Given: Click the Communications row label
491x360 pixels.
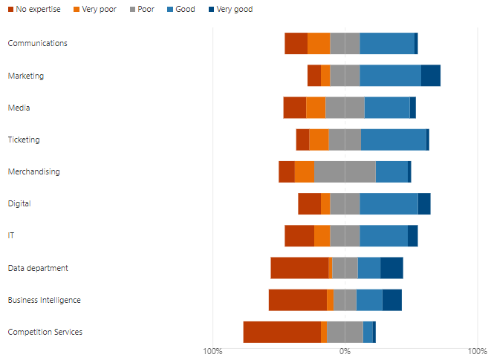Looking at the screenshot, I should (37, 43).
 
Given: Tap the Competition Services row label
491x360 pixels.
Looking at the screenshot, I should (45, 332).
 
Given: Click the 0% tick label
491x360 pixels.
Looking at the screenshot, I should (345, 350).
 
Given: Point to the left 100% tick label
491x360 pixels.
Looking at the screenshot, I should (212, 350).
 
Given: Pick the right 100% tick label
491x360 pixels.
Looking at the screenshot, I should (477, 350).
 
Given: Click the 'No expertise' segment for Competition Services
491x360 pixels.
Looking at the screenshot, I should (282, 332).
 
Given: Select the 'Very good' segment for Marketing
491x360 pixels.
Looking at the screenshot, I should (430, 76).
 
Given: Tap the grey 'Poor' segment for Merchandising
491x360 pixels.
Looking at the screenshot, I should (345, 171).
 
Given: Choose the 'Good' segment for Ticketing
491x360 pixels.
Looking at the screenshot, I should (393, 140).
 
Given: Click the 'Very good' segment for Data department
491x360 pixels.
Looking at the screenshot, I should (391, 268).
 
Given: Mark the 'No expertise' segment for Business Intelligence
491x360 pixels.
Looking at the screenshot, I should (297, 300).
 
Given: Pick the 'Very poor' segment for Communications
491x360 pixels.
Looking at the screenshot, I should (319, 44).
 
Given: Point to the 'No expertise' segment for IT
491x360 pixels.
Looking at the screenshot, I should (299, 235).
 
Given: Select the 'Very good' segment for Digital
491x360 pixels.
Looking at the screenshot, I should (424, 203).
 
